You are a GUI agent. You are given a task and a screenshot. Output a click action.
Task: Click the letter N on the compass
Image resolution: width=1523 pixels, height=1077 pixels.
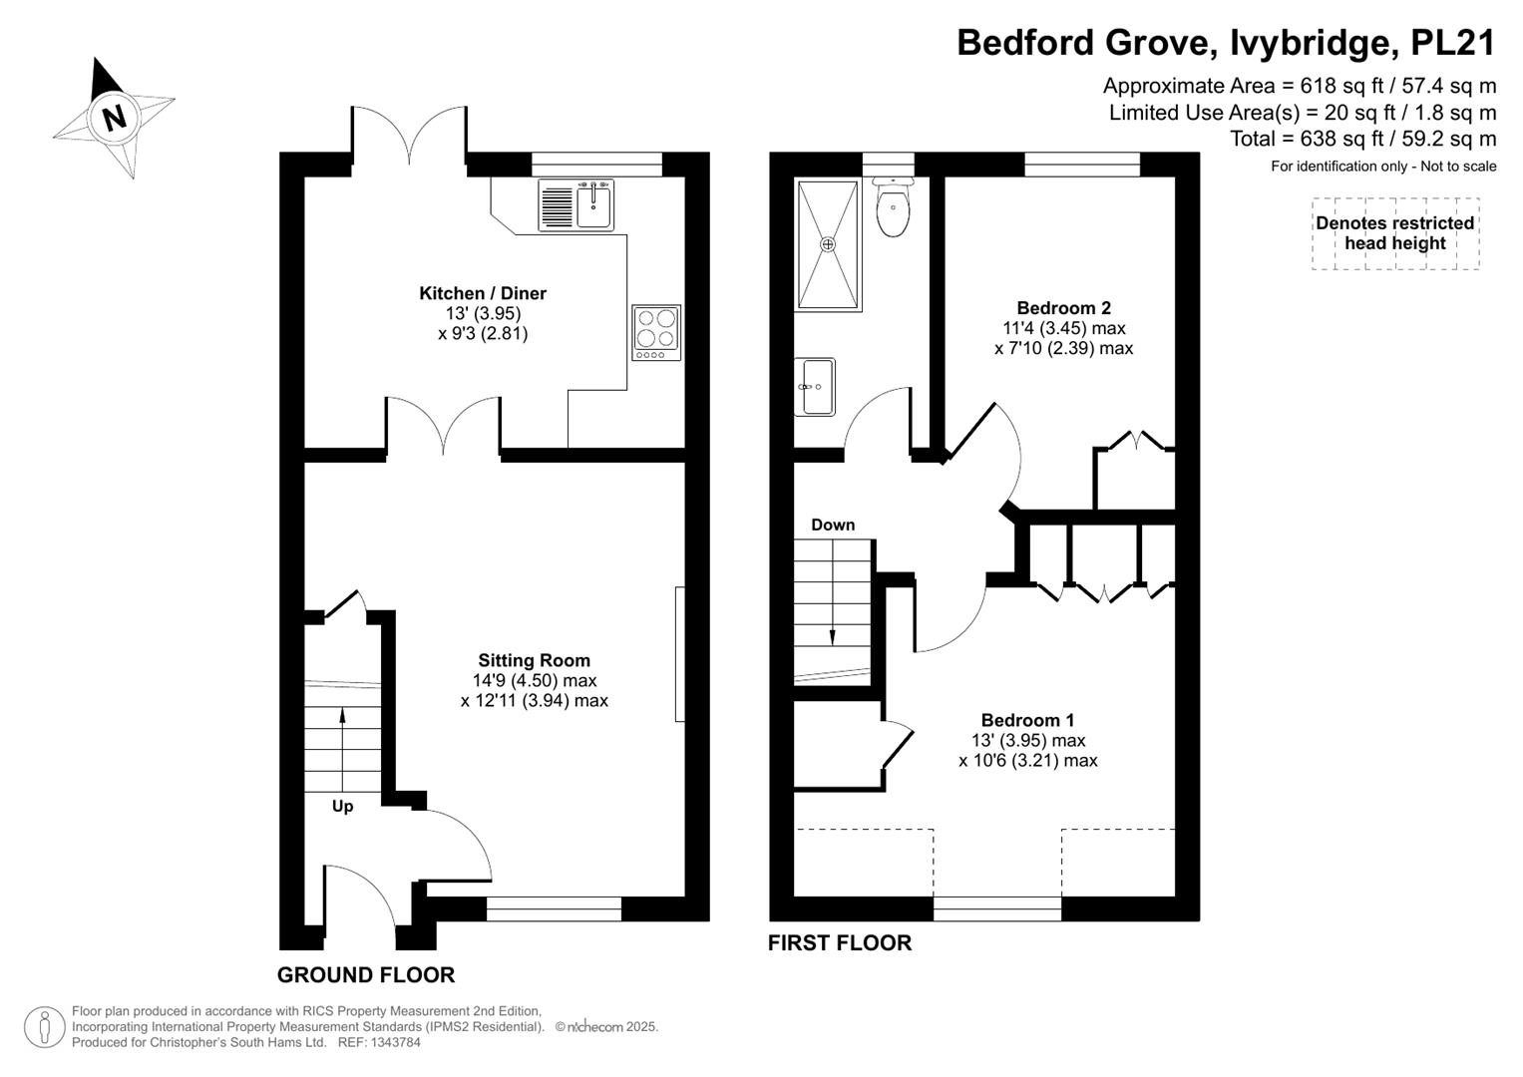(x=115, y=118)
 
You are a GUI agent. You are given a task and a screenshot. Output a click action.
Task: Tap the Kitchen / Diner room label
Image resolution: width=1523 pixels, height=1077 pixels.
(x=483, y=293)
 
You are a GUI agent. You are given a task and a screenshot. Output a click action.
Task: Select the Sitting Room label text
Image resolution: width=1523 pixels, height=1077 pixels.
(x=534, y=660)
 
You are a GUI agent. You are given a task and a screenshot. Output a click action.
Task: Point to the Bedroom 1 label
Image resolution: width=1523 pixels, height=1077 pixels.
(x=1027, y=720)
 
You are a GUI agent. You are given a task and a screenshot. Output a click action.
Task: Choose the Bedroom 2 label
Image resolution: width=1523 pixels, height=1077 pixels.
(x=1063, y=308)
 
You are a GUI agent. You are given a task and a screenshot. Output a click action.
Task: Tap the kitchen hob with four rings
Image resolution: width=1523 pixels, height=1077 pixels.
(x=656, y=332)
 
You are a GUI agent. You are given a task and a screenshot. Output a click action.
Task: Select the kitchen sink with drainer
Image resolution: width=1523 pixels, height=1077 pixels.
(x=575, y=204)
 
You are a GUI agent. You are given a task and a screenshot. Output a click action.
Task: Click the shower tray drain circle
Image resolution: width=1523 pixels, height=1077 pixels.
(x=828, y=244)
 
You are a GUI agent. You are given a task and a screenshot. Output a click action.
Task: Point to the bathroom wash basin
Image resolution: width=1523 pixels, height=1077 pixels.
(x=815, y=387)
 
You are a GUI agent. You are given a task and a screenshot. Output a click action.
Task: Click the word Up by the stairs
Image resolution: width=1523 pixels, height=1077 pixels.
(x=343, y=807)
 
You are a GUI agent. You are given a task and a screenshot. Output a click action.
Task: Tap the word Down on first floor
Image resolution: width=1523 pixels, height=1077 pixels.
(x=833, y=525)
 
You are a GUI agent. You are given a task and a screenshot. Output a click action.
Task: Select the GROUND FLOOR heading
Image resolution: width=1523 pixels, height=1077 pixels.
(x=366, y=975)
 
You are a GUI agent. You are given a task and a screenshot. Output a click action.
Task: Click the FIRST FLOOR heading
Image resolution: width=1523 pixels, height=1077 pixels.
(x=840, y=943)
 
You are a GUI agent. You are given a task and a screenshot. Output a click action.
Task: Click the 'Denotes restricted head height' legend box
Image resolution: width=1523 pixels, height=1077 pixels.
(x=1395, y=233)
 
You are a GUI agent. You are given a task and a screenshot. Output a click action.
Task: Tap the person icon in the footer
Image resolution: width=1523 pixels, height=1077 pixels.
(x=45, y=1027)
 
